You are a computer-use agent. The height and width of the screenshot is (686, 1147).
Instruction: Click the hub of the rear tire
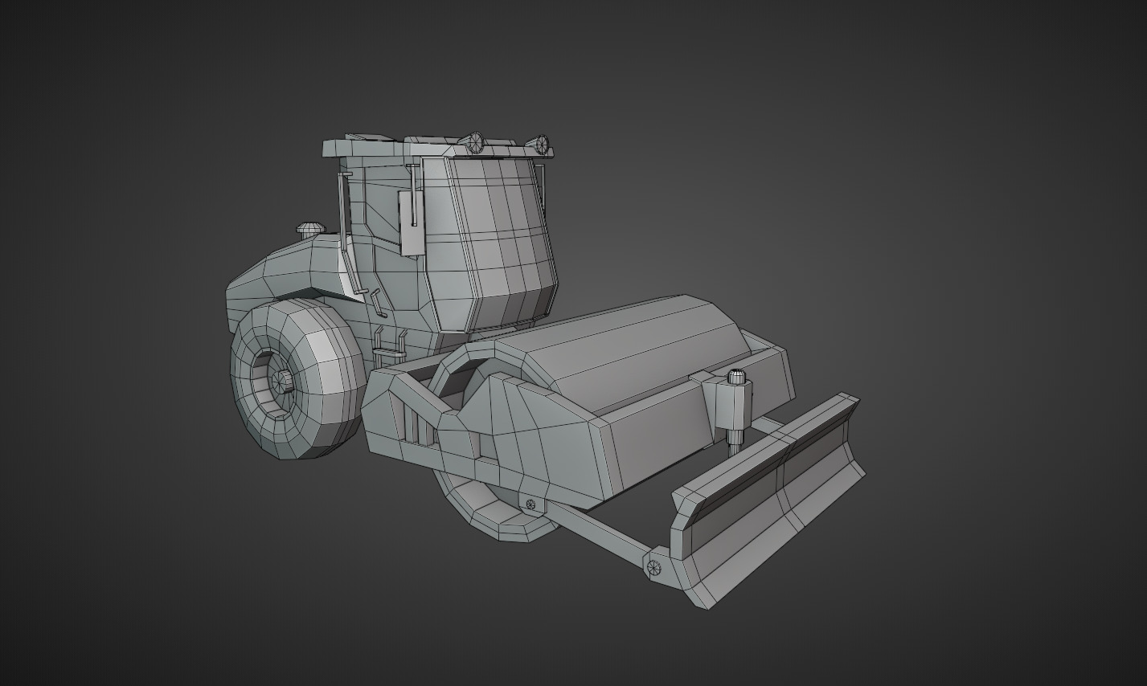tap(281, 380)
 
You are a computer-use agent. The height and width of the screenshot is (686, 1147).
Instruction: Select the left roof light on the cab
tap(475, 143)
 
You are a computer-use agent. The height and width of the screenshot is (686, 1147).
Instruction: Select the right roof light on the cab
tap(542, 145)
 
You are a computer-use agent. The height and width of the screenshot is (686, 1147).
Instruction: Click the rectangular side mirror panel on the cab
tap(411, 224)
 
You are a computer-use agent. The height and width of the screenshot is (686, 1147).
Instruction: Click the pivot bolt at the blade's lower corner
tap(653, 567)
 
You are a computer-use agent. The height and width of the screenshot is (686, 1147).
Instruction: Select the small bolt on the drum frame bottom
tap(530, 504)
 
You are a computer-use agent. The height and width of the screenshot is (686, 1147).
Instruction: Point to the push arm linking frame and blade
tap(595, 531)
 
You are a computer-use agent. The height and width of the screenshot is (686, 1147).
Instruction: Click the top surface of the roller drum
tap(635, 337)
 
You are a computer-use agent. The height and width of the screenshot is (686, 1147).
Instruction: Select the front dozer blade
tap(772, 498)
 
